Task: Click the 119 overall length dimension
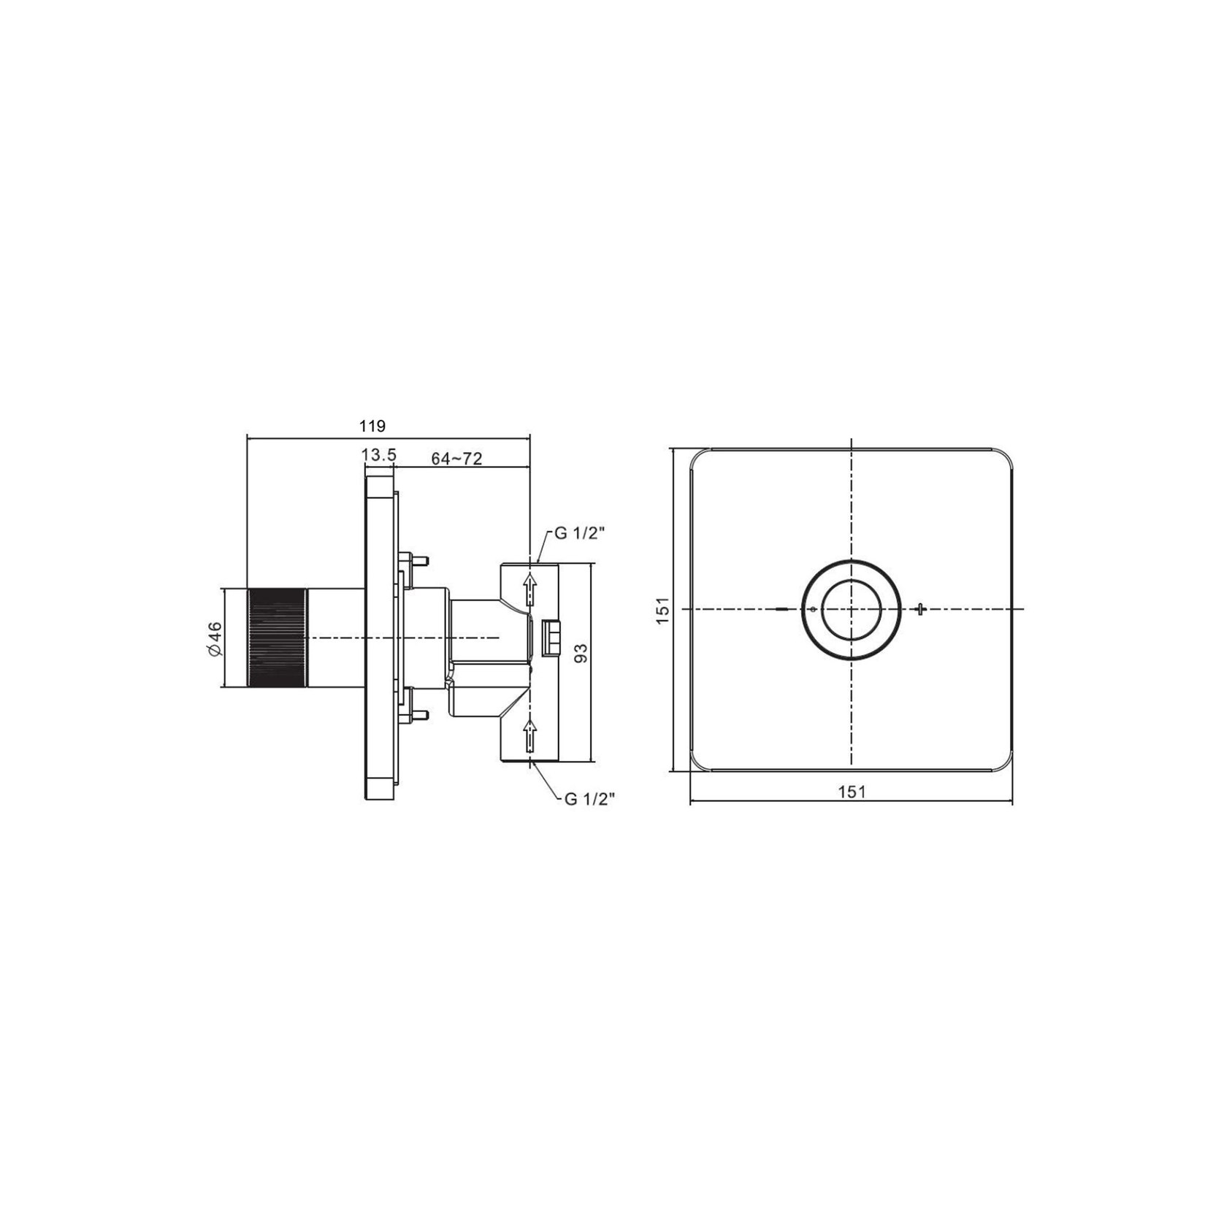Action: click(372, 426)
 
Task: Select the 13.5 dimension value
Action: click(379, 455)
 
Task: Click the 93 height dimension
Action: click(581, 653)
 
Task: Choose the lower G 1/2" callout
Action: click(589, 799)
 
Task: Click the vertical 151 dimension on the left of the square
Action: click(662, 610)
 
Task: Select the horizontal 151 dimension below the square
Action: click(852, 791)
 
